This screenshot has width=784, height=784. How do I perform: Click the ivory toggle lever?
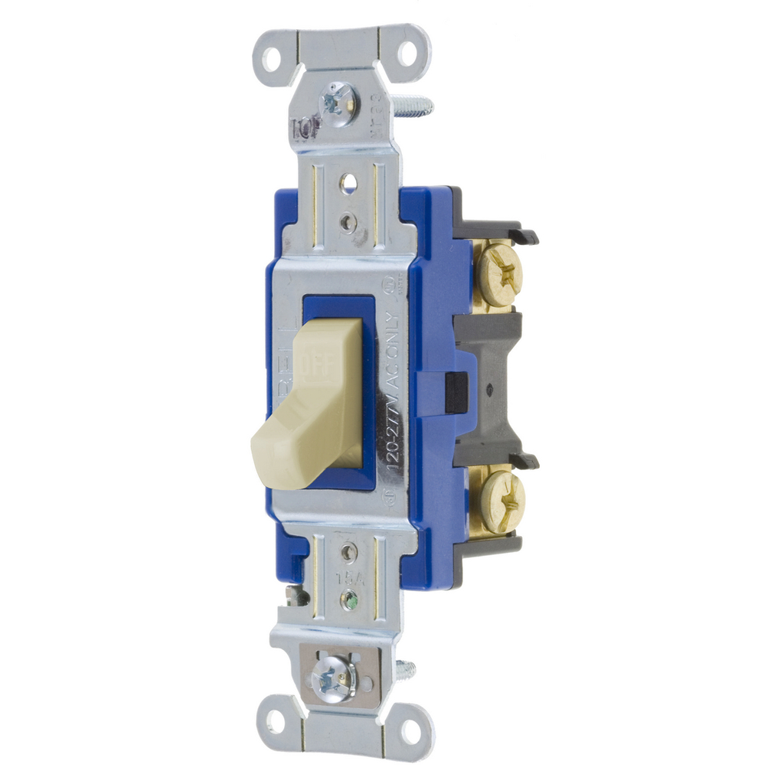[306, 429]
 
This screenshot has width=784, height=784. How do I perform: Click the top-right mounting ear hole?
[407, 53]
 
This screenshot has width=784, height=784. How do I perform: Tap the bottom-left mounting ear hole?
[275, 720]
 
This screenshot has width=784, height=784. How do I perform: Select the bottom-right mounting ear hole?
[411, 731]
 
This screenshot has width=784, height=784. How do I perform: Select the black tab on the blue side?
[457, 392]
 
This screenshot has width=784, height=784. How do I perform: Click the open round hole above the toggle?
[348, 183]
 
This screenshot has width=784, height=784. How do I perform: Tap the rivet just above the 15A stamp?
[350, 551]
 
